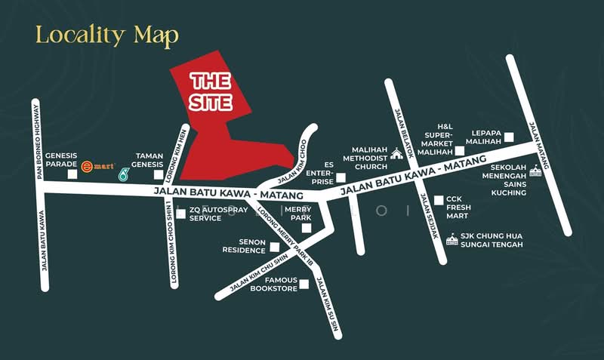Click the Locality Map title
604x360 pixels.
point(107,35)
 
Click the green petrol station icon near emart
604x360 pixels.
point(124,174)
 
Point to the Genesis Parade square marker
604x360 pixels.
point(72,174)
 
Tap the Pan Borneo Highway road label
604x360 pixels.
point(37,139)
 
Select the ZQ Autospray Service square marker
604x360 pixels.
point(180,214)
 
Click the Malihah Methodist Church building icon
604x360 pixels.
point(397,155)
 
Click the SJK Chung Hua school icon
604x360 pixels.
point(452,240)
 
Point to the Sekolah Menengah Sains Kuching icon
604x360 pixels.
point(535,171)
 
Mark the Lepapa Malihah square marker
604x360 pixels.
point(509,137)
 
